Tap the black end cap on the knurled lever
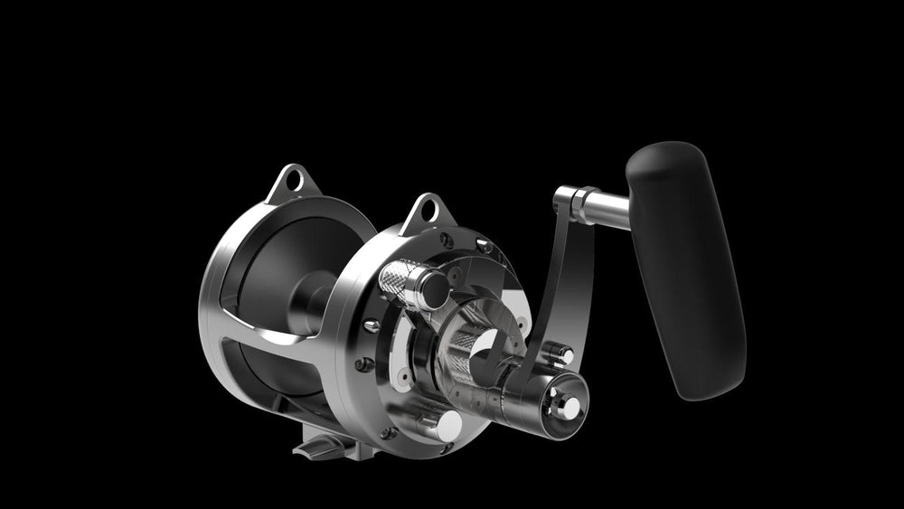[x=432, y=289]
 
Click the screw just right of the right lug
[x=484, y=245]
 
